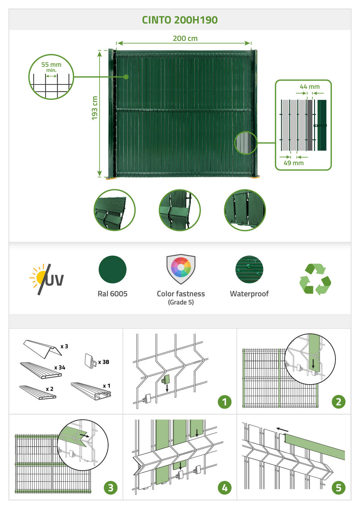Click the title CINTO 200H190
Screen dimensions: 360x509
pos(180,20)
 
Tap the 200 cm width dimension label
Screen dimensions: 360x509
pos(185,38)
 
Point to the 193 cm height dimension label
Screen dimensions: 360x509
pos(94,108)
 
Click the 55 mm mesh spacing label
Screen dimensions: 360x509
pos(51,64)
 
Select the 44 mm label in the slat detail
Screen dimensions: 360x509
pos(310,87)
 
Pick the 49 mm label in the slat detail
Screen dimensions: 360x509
pos(294,163)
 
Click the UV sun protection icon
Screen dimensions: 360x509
pos(46,279)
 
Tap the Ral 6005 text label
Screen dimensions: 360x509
pos(112,294)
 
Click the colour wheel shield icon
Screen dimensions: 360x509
pos(181,269)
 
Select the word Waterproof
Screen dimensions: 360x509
pos(249,294)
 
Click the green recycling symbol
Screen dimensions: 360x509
pos(315,279)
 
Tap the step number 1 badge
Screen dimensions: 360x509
pos(225,402)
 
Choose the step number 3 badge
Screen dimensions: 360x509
pos(110,488)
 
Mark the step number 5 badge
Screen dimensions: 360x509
pos(339,488)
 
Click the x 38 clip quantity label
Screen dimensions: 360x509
pos(104,362)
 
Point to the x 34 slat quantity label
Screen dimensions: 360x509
pos(60,368)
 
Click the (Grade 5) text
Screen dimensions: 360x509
pos(181,302)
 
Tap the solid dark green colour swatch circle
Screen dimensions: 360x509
pos(112,269)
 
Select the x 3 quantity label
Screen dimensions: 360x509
pos(64,346)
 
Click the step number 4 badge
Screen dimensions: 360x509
pos(225,488)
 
